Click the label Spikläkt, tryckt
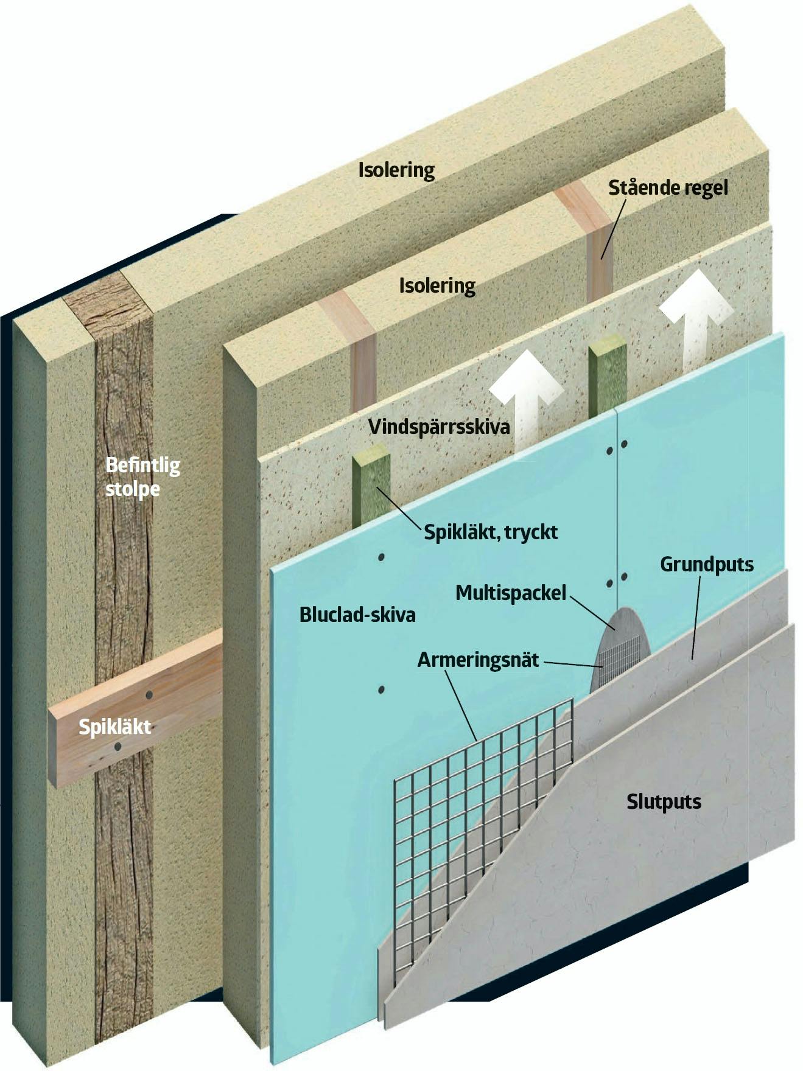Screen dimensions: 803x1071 pos(491,532)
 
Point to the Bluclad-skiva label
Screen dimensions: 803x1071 pos(357,614)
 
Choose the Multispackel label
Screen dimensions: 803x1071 pos(511,592)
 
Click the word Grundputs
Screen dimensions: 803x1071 pos(707,565)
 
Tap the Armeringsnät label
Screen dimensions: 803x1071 pos(478,660)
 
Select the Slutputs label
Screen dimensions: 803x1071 pos(664,801)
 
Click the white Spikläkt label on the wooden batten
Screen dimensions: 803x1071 pos(114,727)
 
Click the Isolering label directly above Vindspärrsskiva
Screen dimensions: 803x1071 pos(437,285)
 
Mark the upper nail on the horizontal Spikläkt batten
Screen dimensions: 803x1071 pos(148,694)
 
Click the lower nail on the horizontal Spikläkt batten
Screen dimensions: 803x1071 pos(117,746)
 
